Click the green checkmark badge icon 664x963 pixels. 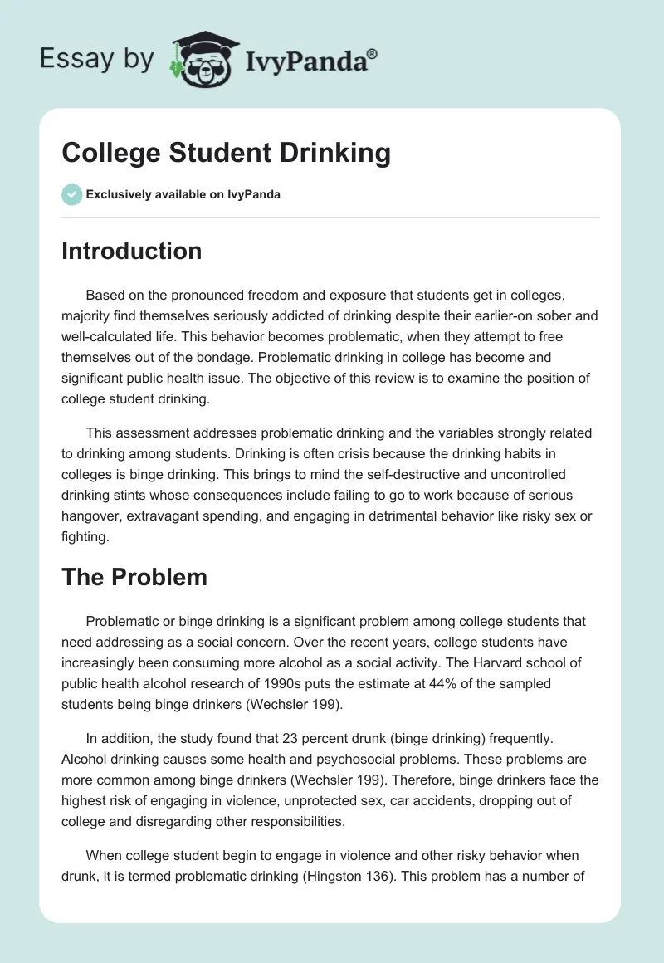71,194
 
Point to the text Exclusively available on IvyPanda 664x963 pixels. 183,194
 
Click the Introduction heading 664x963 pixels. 131,251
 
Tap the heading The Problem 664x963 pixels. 134,578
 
